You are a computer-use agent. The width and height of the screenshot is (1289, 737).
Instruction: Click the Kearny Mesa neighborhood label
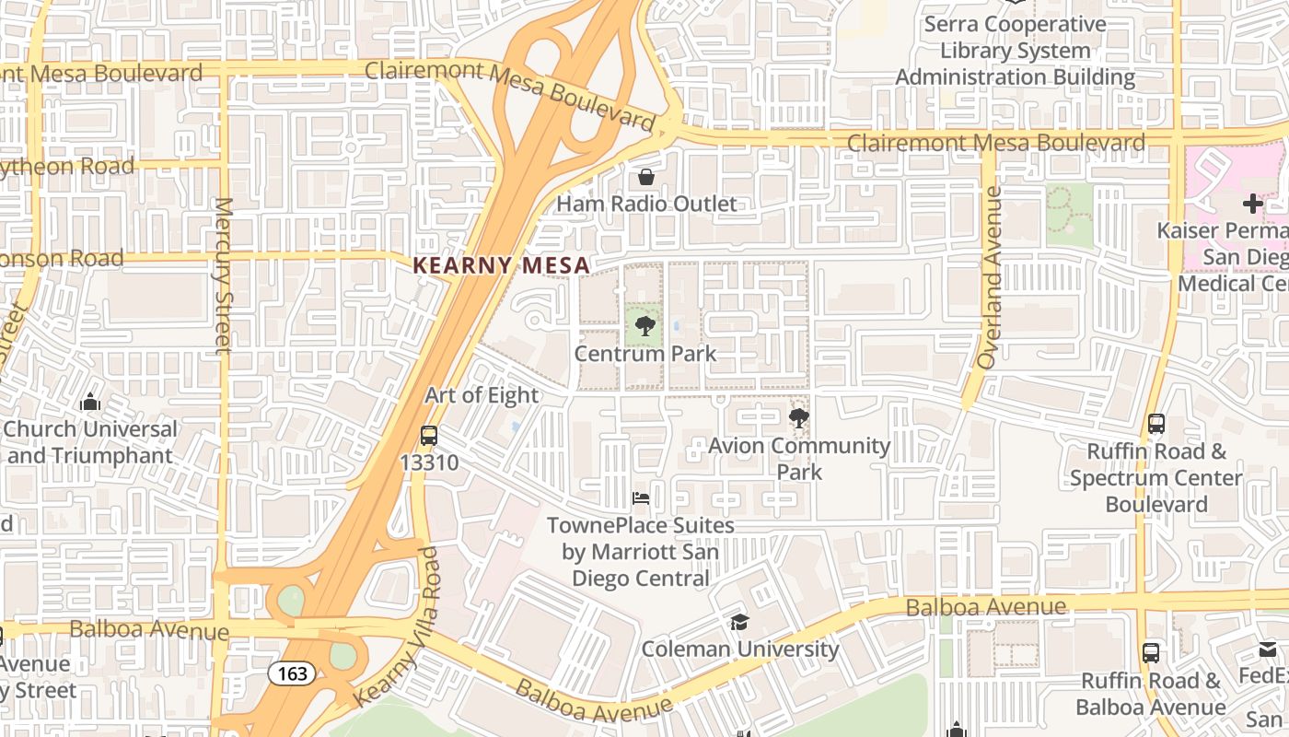(x=501, y=265)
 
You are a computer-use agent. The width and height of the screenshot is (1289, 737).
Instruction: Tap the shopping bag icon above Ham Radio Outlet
(x=646, y=176)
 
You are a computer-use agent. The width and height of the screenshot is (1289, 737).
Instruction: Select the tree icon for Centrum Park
(x=645, y=324)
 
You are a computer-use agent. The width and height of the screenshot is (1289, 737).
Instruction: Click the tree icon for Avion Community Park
(x=798, y=419)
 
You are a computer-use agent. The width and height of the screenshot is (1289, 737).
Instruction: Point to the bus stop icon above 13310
(x=429, y=436)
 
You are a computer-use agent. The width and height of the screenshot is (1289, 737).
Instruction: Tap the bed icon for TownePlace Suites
(x=641, y=498)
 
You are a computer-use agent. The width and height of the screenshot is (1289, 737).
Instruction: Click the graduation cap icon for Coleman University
(x=739, y=622)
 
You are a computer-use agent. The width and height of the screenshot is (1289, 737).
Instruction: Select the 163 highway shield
(x=292, y=673)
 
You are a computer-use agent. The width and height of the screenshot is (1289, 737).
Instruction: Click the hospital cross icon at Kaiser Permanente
(x=1252, y=204)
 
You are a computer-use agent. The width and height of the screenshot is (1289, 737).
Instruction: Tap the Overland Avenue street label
(x=991, y=278)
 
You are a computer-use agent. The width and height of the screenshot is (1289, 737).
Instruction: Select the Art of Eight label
(x=482, y=395)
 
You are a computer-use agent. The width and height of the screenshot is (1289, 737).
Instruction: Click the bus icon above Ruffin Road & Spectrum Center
(x=1156, y=425)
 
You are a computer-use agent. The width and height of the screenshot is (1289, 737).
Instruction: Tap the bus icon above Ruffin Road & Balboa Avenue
(x=1151, y=653)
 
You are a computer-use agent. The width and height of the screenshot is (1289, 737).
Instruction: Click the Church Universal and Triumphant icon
(x=90, y=403)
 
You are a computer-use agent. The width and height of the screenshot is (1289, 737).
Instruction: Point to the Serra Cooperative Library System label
(x=1015, y=51)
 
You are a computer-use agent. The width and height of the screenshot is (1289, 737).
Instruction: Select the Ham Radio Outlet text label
(x=646, y=204)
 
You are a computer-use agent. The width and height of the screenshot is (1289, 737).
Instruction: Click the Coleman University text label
(x=740, y=649)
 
